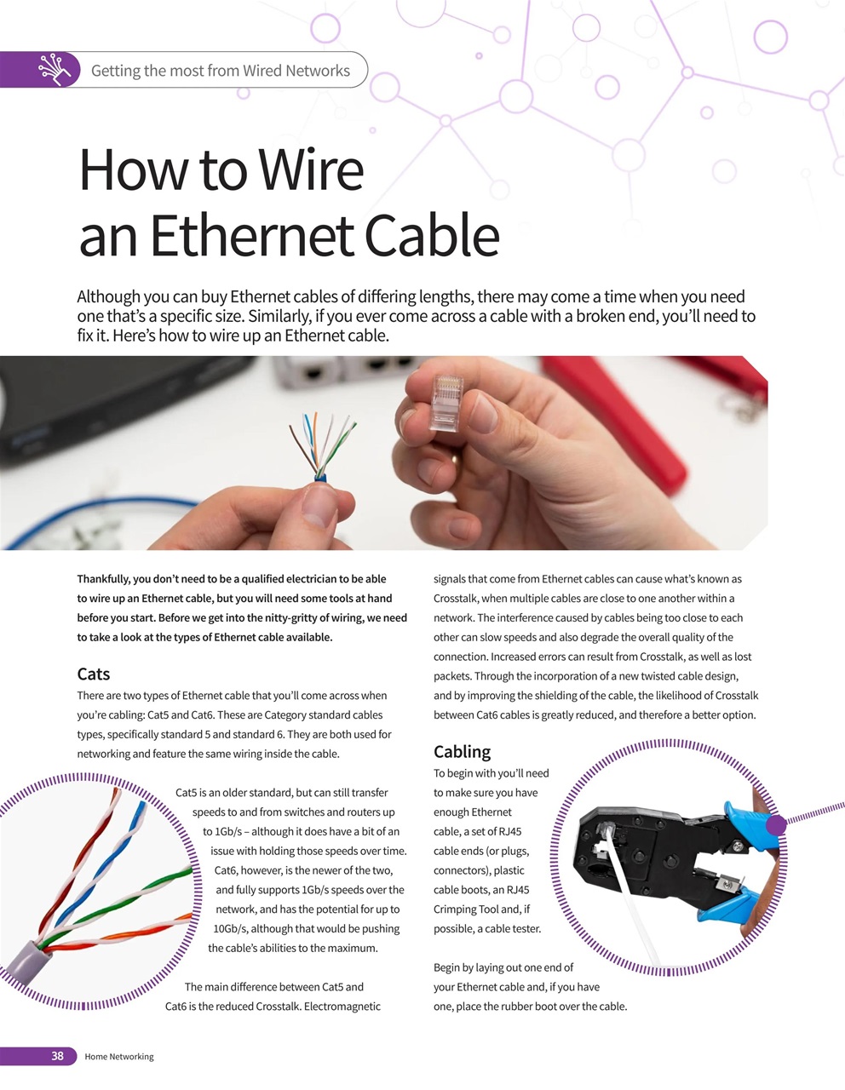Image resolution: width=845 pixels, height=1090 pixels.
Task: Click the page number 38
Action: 57,1056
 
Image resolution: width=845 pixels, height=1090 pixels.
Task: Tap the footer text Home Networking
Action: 119,1057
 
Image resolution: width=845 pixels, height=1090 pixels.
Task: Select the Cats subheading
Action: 94,674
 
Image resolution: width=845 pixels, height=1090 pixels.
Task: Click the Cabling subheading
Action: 462,752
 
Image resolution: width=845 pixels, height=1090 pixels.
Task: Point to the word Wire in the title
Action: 312,170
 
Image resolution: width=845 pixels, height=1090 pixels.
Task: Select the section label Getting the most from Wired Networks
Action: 221,71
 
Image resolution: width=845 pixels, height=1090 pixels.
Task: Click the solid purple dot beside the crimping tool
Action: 776,825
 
